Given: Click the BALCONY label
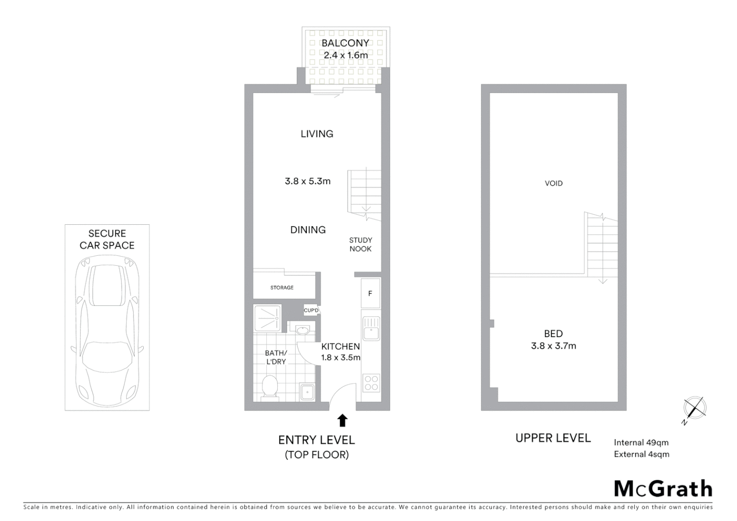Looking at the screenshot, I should point(345,43).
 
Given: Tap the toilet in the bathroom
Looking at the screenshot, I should point(269,387).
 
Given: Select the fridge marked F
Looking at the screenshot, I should point(370,293).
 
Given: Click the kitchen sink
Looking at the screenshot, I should point(371,329).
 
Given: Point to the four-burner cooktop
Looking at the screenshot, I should point(371,383).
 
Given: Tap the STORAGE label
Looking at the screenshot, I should point(282,288).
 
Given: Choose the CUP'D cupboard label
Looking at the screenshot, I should point(311,310).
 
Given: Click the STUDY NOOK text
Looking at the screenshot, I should point(361,245).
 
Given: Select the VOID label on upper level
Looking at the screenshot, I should point(554,183).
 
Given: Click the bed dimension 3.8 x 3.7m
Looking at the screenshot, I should point(553,346).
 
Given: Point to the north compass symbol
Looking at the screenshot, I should point(695,408).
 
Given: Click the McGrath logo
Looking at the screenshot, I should point(663,489).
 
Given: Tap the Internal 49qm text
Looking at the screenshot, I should point(641,442).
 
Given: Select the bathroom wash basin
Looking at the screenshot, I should point(302,330).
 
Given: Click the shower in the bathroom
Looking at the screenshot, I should point(267,318).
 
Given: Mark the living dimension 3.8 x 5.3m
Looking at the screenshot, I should point(308,181).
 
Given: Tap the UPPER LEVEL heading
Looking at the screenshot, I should point(553,438).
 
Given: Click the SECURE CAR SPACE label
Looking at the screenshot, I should point(107,239).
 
